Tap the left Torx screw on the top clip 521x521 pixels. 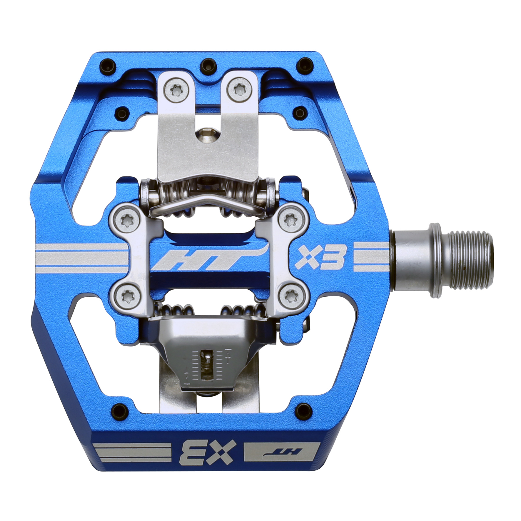(175, 88)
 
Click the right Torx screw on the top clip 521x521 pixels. (238, 88)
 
